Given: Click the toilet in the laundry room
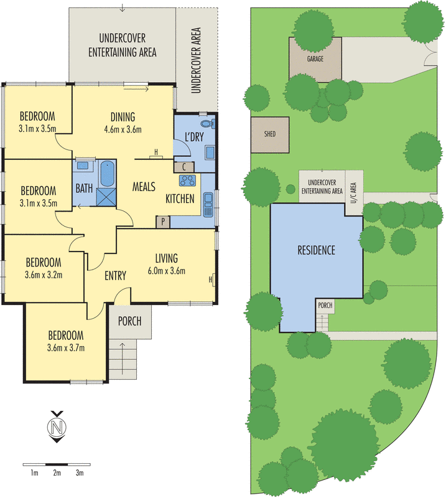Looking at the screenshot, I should [212, 123].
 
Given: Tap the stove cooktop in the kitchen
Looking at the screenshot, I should [187, 181].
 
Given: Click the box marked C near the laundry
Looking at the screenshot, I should [185, 167].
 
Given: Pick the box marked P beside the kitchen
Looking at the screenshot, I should [163, 221].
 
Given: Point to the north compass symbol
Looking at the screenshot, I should [57, 428].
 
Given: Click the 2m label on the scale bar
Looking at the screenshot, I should [57, 473].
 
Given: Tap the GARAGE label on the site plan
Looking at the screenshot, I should [315, 60].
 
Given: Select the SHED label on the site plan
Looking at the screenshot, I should [269, 134].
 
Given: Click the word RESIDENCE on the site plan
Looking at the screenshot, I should [315, 250].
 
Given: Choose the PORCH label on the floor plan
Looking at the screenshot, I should [129, 321].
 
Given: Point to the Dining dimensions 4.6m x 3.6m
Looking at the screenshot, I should [123, 130].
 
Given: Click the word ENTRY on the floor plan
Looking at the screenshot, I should [116, 276].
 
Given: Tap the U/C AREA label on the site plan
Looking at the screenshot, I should [353, 192].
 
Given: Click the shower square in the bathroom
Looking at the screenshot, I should [106, 196].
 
